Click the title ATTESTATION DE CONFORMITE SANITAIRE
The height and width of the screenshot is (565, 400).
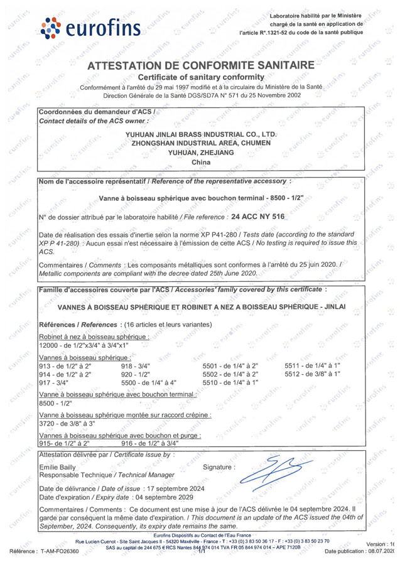coord(200,65)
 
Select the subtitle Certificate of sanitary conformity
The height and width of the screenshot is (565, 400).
coord(200,77)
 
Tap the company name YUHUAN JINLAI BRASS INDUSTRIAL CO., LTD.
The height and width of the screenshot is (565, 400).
coord(201,134)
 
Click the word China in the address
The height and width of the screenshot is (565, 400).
coord(200,162)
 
